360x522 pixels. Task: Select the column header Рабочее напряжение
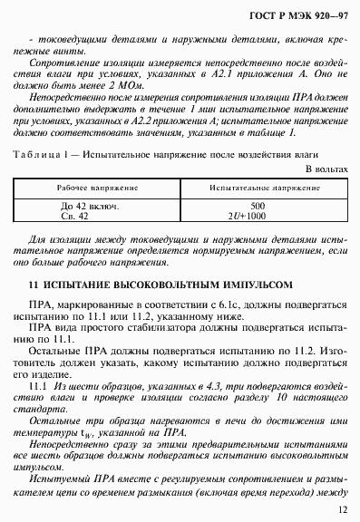click(x=88, y=188)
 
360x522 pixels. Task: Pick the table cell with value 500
click(x=258, y=206)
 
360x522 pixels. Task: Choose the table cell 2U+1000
click(x=258, y=217)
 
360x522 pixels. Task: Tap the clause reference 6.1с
click(x=241, y=303)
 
